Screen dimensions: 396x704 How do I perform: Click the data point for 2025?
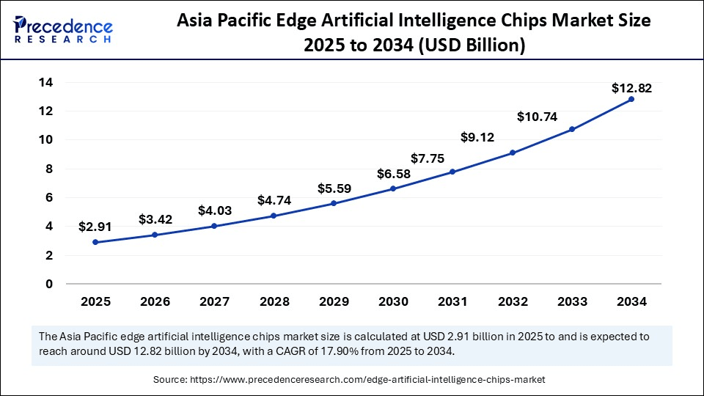[95, 242]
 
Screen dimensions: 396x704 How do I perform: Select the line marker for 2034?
[631, 99]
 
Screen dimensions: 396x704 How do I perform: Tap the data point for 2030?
[393, 188]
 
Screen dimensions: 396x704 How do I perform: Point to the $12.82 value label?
[631, 88]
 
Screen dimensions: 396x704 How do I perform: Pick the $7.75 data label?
[427, 158]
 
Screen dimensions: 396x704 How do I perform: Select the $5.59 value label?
[334, 188]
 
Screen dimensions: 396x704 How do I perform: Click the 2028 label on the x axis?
[274, 301]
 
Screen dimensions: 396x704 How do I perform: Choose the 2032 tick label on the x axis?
[513, 301]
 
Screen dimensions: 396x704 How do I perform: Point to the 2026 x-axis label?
[155, 301]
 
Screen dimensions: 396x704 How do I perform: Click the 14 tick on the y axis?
[45, 83]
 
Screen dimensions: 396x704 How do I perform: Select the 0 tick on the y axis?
[49, 284]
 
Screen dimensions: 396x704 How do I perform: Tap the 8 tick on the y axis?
[49, 169]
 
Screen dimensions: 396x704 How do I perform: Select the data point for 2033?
[572, 129]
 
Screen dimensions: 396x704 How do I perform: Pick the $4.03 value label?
[215, 210]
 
